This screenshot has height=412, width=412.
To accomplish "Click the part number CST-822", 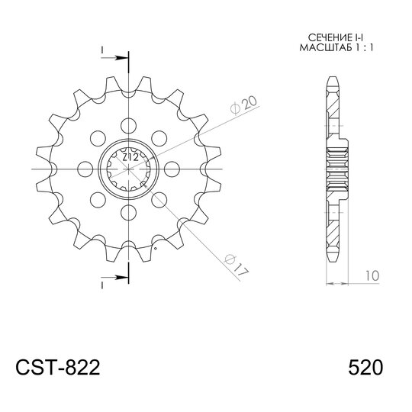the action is pyautogui.click(x=58, y=367).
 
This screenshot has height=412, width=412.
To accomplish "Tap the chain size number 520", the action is pyautogui.click(x=365, y=367).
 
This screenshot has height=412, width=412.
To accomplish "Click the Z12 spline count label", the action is pyautogui.click(x=130, y=157).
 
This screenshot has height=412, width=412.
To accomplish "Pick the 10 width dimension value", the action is pyautogui.click(x=372, y=275).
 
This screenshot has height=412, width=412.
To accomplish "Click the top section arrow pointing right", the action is pyautogui.click(x=114, y=58).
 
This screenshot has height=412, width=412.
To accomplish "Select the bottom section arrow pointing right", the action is pyautogui.click(x=114, y=277).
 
